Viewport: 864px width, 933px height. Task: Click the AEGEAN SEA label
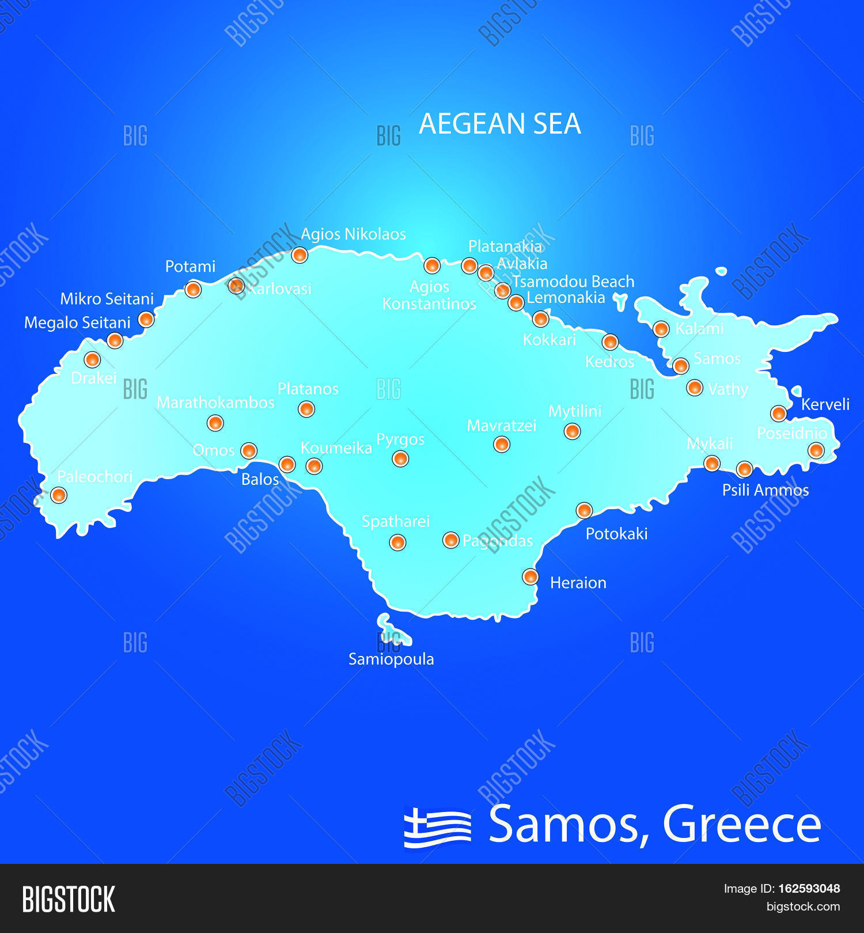[499, 124]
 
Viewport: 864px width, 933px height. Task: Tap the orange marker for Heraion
[530, 577]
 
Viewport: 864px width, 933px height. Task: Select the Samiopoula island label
[391, 659]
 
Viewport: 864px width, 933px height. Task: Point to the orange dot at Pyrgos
[400, 459]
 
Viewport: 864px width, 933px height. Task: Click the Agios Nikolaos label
[353, 234]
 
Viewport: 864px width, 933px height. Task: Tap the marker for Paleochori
[59, 495]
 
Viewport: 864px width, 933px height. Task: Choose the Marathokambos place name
[215, 403]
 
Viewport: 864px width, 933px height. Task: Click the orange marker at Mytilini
[572, 431]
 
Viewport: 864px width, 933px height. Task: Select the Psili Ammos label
[766, 490]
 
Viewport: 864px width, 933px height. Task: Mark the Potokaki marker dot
[584, 510]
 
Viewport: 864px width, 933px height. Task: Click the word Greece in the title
[742, 825]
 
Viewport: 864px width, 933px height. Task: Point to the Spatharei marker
[397, 542]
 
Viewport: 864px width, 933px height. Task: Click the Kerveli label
[825, 404]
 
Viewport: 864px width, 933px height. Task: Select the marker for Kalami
[661, 329]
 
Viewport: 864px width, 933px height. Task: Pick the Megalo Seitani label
[77, 323]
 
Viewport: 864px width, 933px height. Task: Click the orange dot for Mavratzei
[502, 444]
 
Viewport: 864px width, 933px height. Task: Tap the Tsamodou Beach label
[573, 282]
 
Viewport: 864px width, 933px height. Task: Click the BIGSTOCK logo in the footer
[69, 900]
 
